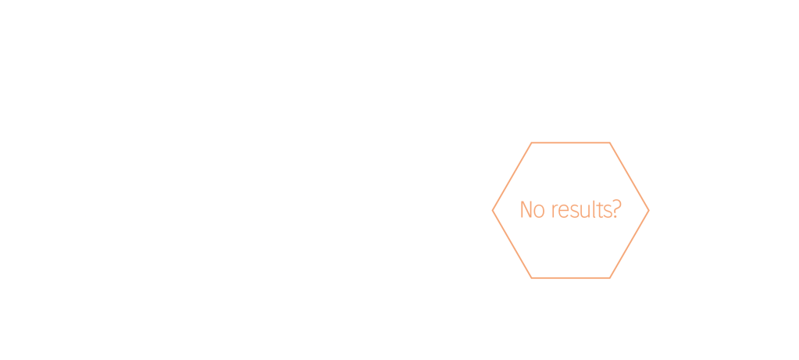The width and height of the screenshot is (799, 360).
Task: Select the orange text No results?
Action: [x=570, y=210]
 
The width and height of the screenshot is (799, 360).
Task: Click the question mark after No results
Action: [x=615, y=210]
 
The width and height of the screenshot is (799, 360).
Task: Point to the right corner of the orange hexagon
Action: [x=648, y=210]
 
